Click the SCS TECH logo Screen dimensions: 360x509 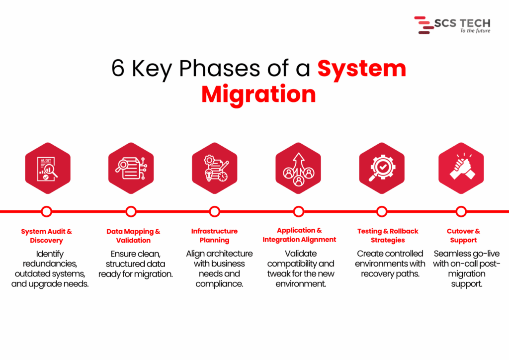(452, 25)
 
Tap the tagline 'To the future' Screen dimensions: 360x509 (475, 31)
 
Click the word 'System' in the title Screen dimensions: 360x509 (362, 69)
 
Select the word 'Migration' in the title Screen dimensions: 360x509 (258, 94)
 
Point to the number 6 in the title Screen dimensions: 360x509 (118, 69)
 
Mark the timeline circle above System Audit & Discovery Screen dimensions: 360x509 (47, 211)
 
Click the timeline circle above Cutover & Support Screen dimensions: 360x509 (461, 211)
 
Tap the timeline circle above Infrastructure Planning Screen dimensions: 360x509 (215, 211)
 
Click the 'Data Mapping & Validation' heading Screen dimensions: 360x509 (133, 236)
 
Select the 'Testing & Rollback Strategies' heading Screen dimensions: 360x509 (388, 236)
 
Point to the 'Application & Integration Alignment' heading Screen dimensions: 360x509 (299, 235)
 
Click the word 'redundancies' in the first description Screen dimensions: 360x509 (50, 264)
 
